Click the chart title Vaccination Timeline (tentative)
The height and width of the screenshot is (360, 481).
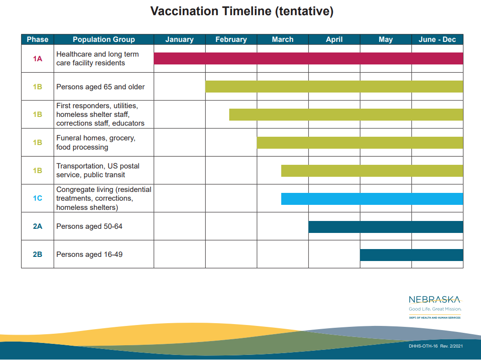(242, 12)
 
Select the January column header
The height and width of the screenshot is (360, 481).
(180, 40)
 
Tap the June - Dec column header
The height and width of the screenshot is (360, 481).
(437, 40)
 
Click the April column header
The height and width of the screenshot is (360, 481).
(334, 40)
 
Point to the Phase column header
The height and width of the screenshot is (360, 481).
(37, 40)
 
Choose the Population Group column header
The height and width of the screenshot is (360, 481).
(104, 40)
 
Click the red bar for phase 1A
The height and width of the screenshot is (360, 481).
(308, 58)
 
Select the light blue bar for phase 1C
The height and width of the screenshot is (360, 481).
(372, 198)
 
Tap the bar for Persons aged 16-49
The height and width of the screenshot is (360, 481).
(411, 255)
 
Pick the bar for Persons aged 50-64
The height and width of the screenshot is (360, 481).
(386, 227)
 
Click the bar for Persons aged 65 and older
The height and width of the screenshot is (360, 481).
(334, 87)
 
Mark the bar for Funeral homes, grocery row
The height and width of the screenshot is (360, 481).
(360, 143)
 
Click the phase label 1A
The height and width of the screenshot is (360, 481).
(37, 58)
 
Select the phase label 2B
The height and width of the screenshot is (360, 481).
(37, 255)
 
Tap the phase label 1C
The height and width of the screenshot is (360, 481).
(37, 198)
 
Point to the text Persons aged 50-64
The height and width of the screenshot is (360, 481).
(89, 226)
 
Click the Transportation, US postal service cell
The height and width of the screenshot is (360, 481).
(104, 170)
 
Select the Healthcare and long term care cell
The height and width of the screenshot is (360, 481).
(104, 58)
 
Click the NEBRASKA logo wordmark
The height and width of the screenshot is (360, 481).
(435, 300)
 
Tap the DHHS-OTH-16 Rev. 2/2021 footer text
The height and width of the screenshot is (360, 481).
(435, 346)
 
